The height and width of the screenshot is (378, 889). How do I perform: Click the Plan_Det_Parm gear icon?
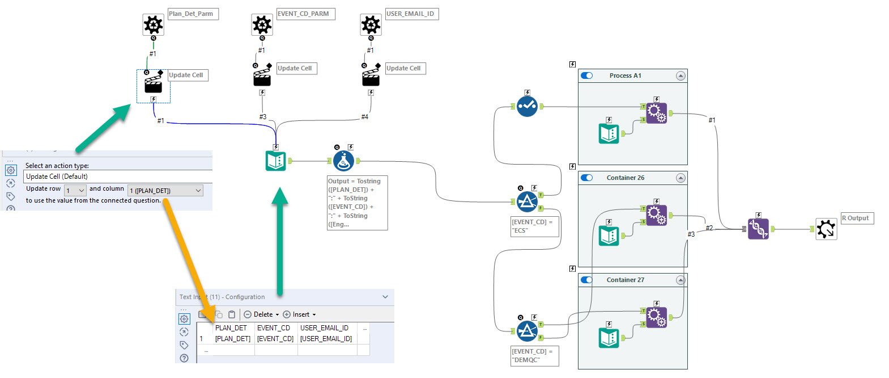153,25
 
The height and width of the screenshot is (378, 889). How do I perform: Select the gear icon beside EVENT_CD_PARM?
262,25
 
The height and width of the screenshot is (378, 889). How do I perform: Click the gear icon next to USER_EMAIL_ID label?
371,25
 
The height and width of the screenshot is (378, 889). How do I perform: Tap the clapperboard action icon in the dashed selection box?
153,85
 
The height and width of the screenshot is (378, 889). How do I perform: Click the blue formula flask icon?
343,161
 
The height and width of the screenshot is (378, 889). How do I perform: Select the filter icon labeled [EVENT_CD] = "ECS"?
527,201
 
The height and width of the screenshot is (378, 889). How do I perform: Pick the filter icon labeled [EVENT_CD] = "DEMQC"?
527,331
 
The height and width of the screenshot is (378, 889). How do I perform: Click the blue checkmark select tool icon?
527,106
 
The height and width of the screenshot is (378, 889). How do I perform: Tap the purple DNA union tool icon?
758,229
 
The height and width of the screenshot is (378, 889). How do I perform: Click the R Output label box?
857,218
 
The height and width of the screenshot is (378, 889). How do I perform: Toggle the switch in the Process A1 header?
587,75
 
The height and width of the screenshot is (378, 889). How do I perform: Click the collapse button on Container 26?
680,178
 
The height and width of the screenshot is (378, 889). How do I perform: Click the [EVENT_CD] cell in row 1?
275,339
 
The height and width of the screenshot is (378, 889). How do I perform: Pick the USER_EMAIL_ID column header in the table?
324,328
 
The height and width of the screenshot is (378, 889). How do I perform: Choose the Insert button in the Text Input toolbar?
299,314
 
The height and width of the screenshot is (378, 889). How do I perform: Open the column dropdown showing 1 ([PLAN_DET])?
165,191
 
